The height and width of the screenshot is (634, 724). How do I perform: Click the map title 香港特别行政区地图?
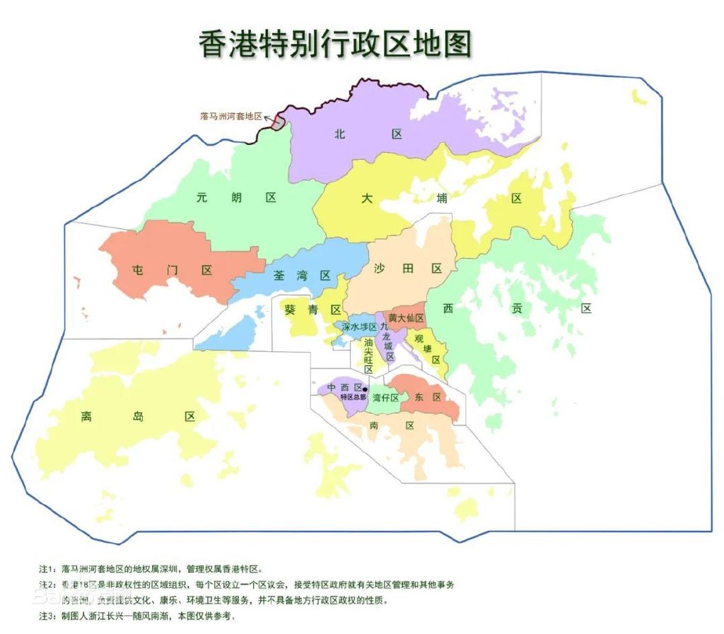tap(335, 43)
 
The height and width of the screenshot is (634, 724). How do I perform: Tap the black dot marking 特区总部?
tap(366, 389)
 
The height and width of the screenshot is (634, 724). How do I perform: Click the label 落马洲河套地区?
tap(231, 115)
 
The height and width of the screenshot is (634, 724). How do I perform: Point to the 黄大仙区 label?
tap(406, 318)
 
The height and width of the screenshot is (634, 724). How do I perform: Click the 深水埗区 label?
tap(359, 327)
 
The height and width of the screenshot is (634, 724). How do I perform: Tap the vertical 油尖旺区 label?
tap(368, 355)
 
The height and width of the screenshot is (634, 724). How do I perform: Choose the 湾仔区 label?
tap(386, 398)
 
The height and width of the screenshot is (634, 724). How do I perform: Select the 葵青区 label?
tap(313, 310)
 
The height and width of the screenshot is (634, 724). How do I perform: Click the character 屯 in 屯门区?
tap(139, 270)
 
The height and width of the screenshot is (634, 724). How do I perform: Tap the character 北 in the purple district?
tap(340, 134)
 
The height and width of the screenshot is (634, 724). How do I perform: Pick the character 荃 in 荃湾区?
tap(280, 276)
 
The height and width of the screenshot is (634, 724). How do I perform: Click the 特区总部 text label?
tap(352, 397)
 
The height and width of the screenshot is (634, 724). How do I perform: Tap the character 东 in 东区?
tap(419, 397)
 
